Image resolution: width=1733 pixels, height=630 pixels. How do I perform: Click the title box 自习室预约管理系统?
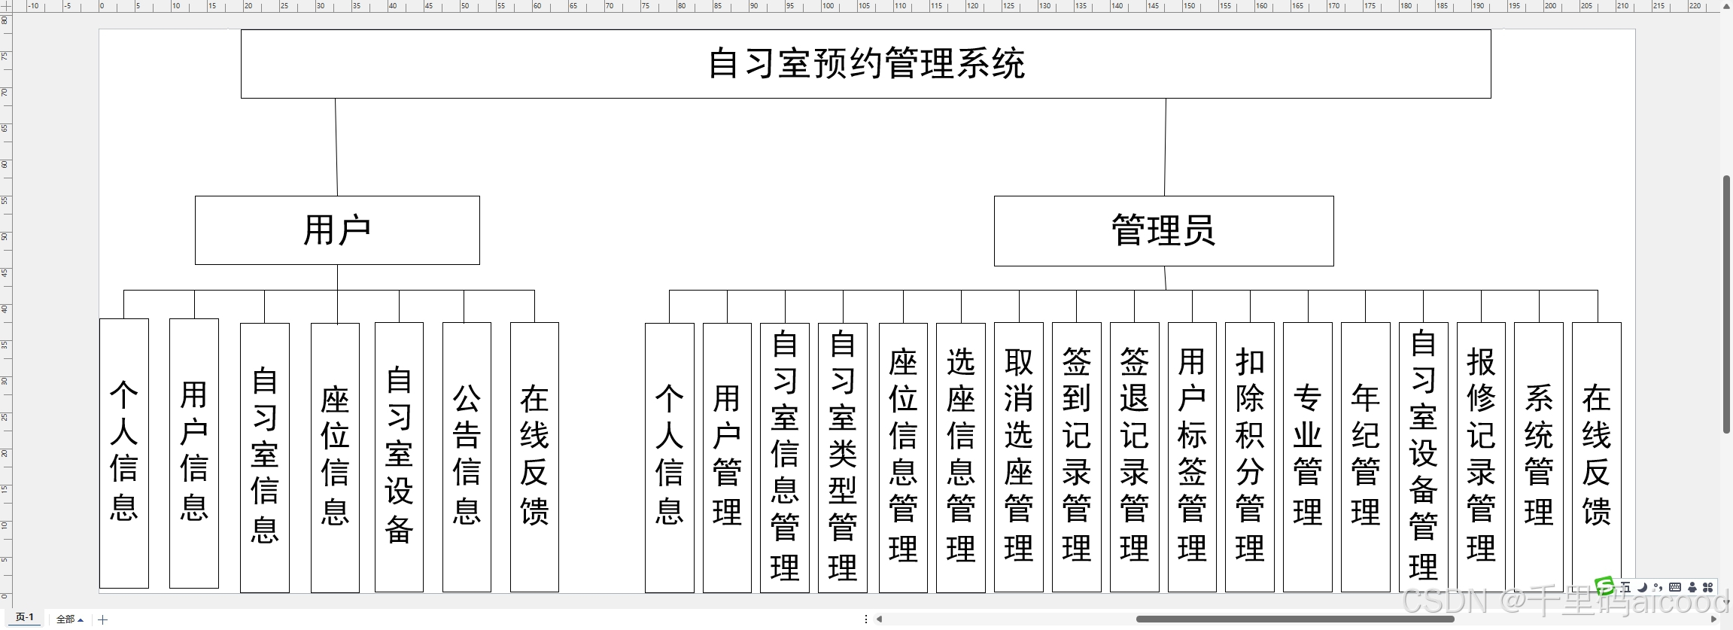tap(865, 64)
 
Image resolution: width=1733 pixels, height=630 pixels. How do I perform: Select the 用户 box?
tap(337, 230)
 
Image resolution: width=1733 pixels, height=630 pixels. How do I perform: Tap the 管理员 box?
tap(1163, 231)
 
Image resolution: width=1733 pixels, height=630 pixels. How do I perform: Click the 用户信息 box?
tap(194, 452)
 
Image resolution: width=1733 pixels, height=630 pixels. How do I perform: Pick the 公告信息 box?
tap(467, 457)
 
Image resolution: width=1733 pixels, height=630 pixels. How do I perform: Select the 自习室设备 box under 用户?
tap(399, 457)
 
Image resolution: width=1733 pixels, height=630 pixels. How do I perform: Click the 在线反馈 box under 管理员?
tap(1596, 457)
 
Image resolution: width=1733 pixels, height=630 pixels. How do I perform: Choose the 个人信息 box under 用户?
tap(124, 452)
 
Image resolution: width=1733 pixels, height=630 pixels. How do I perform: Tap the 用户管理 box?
tap(727, 457)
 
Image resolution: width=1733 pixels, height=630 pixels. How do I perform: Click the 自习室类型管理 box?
tap(843, 457)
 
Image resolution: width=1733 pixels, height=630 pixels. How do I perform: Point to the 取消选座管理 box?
tap(1019, 457)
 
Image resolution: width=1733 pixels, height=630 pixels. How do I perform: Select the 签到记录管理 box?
tap(1077, 457)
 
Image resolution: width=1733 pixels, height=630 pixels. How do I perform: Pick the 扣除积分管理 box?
tap(1250, 457)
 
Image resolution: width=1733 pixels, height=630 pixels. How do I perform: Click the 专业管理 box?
tap(1308, 457)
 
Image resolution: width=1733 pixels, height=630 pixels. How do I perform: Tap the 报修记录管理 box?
tap(1481, 457)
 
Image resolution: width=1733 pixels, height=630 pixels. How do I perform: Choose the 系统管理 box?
tap(1539, 457)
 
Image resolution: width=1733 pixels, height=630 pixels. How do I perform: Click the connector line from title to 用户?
tap(336, 147)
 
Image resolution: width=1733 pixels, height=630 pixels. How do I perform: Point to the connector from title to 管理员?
tap(1165, 147)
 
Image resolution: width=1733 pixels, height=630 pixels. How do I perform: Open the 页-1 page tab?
tap(25, 618)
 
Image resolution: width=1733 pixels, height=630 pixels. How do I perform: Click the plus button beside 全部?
tap(103, 619)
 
